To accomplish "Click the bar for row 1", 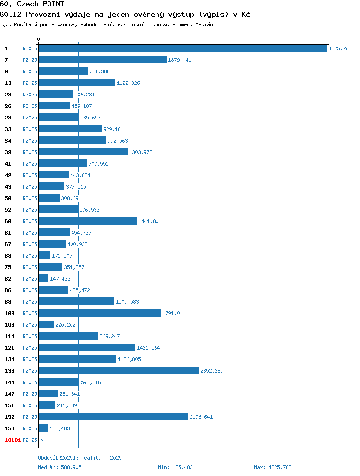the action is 183,48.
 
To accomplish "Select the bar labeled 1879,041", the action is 103,60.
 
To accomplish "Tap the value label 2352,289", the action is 212,371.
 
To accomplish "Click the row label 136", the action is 10,371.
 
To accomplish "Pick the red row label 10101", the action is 13,440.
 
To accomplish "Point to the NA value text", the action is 44,440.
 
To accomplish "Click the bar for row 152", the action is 114,417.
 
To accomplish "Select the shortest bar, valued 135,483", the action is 44,428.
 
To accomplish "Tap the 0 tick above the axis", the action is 38,39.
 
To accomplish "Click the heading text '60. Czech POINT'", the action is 32,4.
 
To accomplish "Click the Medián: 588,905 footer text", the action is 60,467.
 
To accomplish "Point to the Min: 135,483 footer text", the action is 175,467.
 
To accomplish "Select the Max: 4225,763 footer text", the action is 273,467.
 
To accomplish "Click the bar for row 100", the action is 100,313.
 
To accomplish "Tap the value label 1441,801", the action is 150,221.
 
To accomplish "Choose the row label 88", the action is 8,302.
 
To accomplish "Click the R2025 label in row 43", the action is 30,187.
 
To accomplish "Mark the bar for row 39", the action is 84,152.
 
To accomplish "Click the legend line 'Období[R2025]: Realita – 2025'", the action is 80,458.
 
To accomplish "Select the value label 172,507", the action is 62,256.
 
